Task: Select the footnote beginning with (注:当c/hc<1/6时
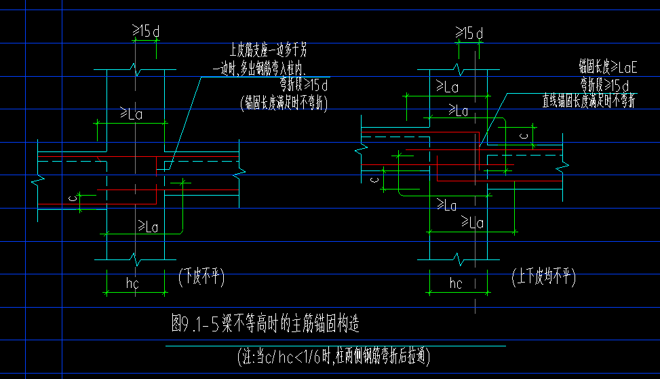click(334, 355)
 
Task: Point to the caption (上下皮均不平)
click(543, 276)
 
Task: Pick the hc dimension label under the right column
click(455, 283)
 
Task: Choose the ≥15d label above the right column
click(469, 33)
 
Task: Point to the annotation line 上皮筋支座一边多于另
click(272, 49)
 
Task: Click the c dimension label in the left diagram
click(73, 198)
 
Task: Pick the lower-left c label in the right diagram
click(374, 179)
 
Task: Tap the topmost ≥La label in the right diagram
click(447, 87)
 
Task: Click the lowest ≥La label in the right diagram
click(473, 222)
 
